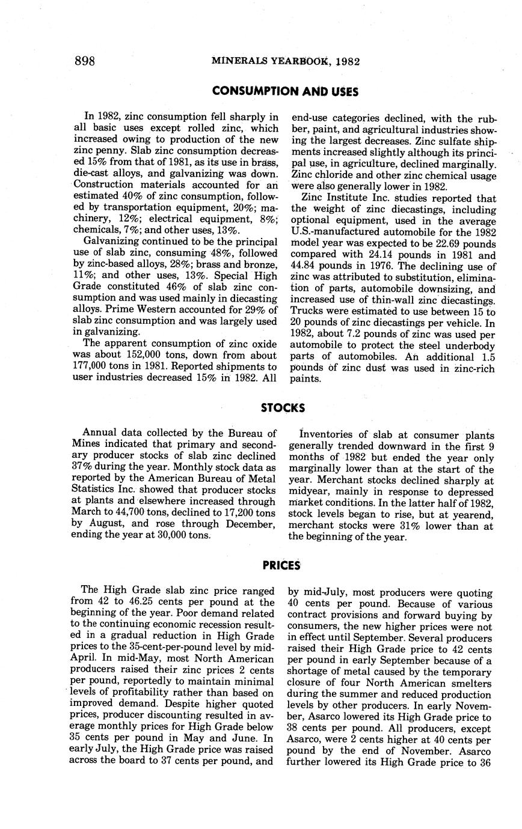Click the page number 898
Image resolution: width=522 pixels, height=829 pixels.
tap(85, 61)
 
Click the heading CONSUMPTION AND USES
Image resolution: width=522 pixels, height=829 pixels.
tap(285, 91)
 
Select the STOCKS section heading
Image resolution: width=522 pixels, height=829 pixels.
tap(283, 408)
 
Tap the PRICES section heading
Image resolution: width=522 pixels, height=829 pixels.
tap(281, 565)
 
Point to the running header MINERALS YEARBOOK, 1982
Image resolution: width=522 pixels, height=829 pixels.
tap(286, 61)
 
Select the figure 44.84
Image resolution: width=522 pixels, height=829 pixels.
tap(303, 267)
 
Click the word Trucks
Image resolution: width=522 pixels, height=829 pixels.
tap(307, 312)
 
